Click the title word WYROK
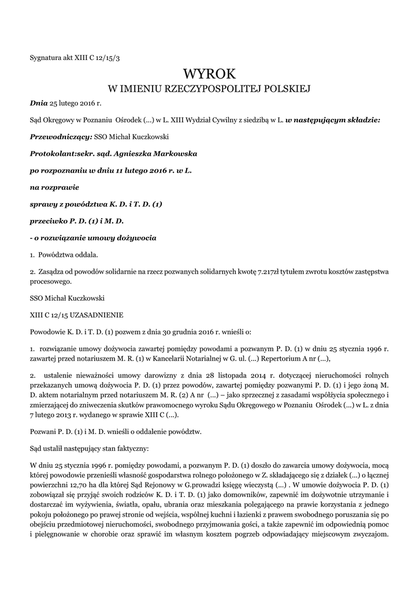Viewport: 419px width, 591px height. pyautogui.click(x=209, y=74)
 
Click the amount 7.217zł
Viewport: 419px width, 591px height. pyautogui.click(x=269, y=271)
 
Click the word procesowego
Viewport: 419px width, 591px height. pyautogui.click(x=51, y=282)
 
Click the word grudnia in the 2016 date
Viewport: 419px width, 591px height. pyautogui.click(x=179, y=332)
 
